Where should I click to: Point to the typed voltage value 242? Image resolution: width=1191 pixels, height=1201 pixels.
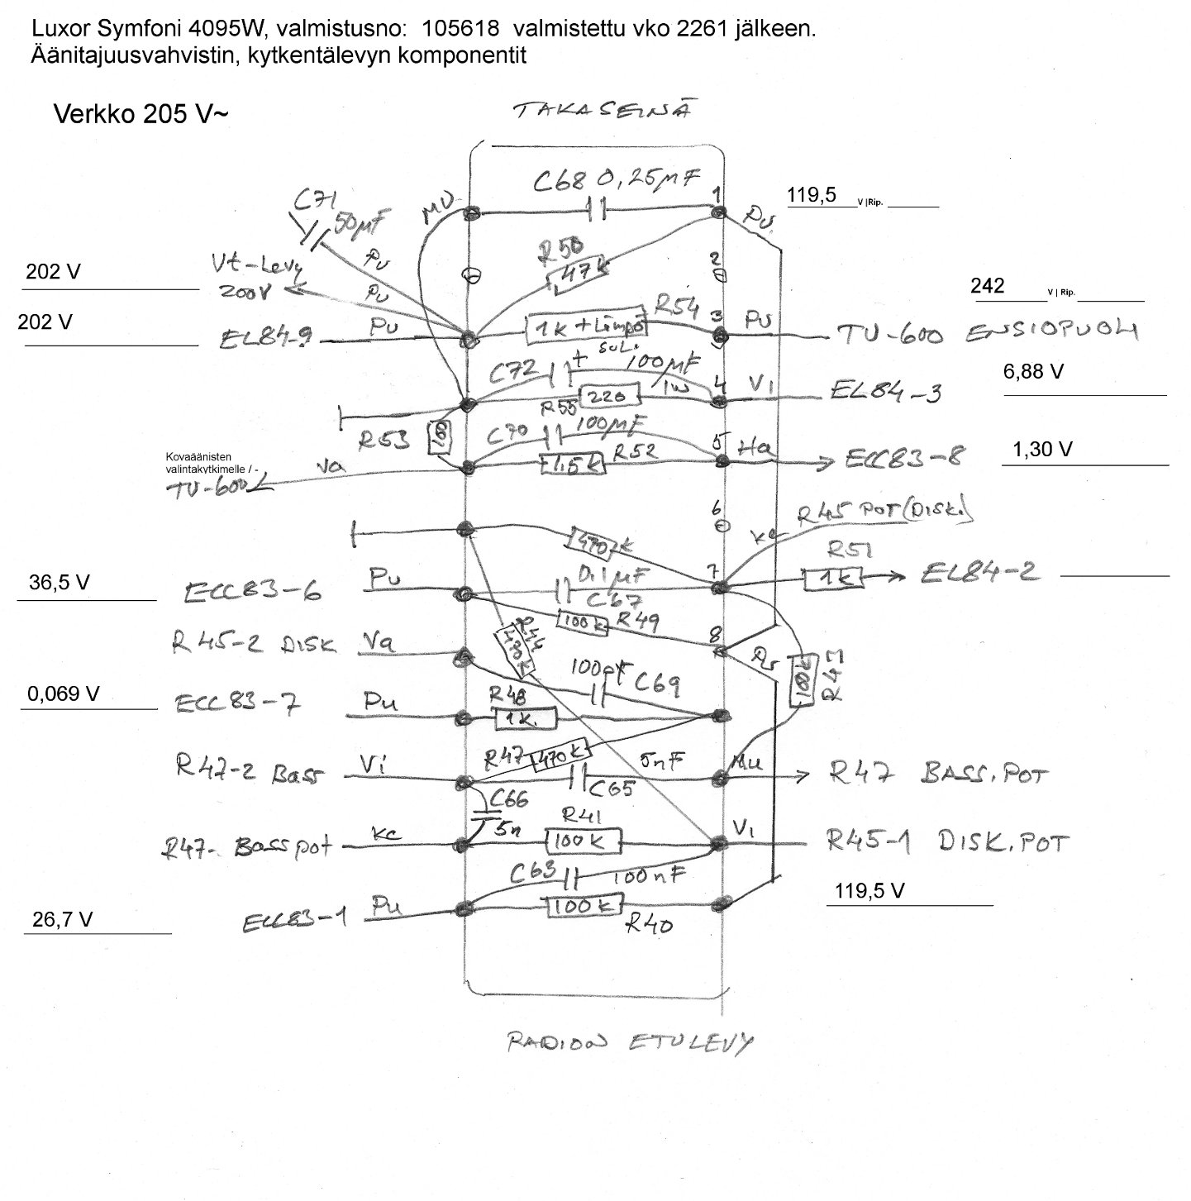[x=987, y=286]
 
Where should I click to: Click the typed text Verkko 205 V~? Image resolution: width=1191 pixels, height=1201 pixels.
[x=140, y=114]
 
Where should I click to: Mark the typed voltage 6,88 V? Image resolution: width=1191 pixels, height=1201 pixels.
[x=1033, y=372]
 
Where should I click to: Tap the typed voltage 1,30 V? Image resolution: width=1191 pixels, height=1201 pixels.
[x=1042, y=450]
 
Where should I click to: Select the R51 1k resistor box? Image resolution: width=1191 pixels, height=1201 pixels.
[x=832, y=578]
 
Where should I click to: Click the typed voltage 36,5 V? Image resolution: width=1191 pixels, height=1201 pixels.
[x=60, y=583]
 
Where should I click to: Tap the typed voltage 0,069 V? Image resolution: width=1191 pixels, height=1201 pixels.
[x=64, y=694]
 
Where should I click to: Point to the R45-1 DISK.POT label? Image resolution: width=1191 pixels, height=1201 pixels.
[x=947, y=842]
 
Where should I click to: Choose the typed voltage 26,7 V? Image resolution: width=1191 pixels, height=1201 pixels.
[x=62, y=919]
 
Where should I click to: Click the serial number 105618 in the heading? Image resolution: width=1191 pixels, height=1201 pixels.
[x=460, y=28]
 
